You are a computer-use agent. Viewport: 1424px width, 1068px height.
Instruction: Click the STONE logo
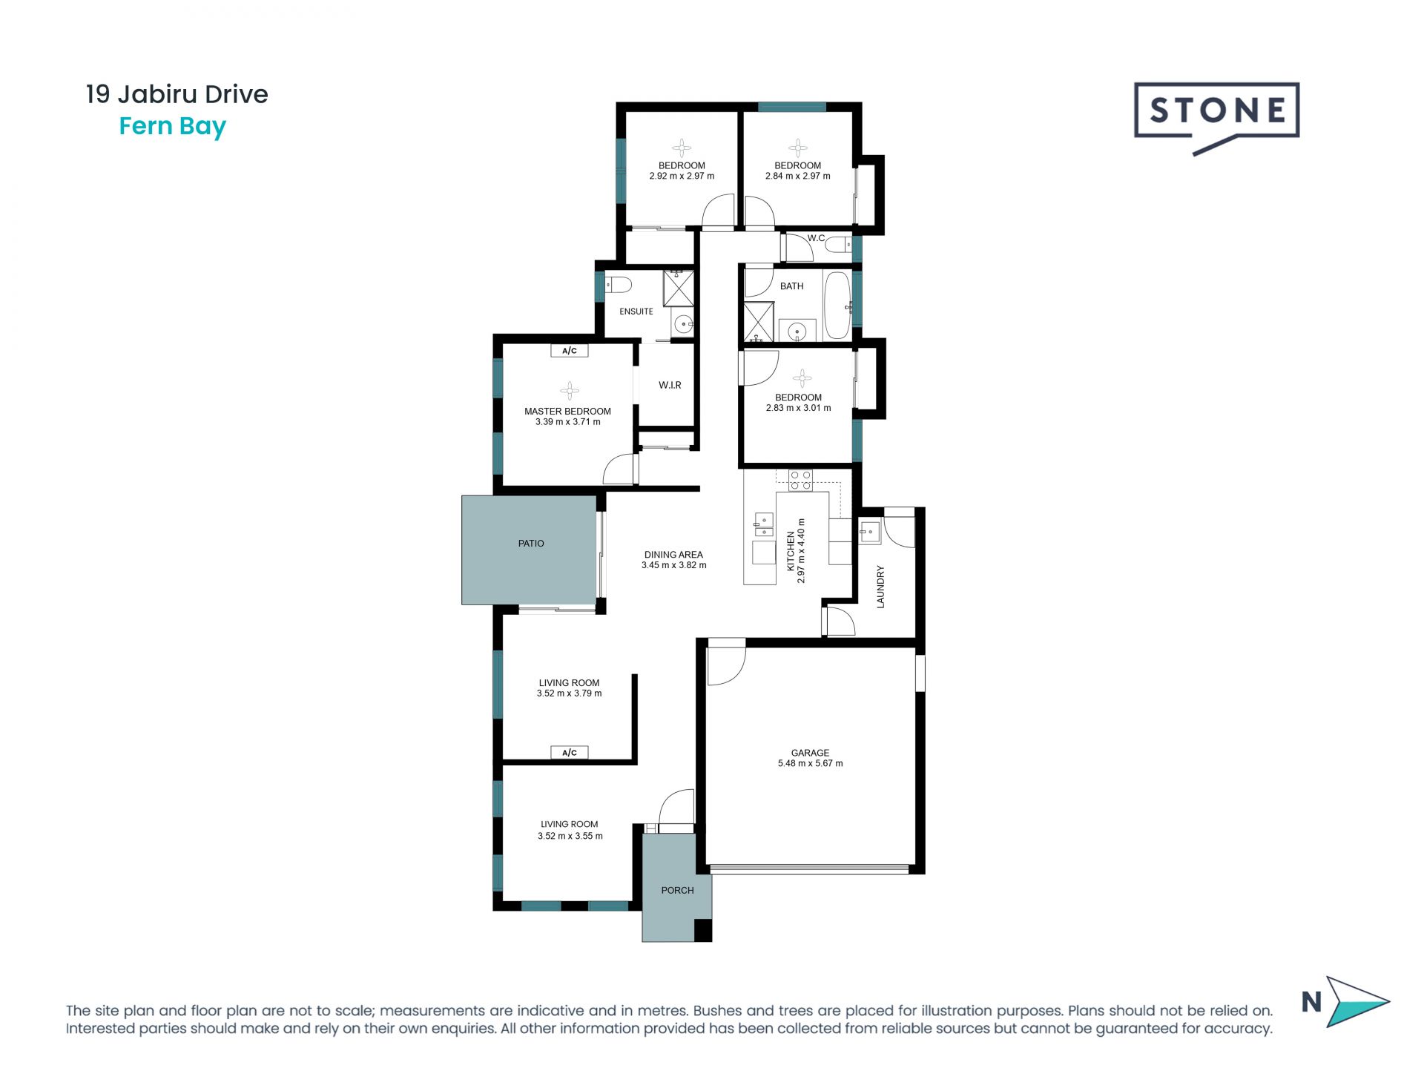[1216, 111]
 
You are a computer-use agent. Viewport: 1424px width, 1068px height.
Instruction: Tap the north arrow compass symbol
[1356, 1001]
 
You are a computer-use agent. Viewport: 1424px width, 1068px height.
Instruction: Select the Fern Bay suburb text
[172, 127]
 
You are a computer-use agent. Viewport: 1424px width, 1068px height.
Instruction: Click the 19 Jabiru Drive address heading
[177, 94]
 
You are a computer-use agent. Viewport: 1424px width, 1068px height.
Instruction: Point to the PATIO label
[531, 544]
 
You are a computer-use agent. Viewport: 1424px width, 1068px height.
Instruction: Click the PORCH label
[677, 890]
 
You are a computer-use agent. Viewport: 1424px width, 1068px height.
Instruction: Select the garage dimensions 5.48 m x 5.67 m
[810, 763]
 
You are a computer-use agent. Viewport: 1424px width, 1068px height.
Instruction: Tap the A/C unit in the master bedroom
[570, 351]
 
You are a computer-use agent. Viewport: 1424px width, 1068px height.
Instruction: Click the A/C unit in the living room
[570, 753]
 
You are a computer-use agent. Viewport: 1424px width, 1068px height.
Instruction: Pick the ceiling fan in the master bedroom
[570, 391]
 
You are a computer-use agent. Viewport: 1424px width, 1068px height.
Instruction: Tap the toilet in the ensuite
[618, 285]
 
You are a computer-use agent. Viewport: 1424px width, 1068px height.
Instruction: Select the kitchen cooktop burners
[800, 480]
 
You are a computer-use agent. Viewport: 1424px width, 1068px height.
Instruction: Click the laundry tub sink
[869, 532]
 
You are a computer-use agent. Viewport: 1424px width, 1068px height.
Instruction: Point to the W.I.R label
[670, 385]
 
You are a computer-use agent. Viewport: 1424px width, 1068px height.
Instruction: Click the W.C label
[816, 238]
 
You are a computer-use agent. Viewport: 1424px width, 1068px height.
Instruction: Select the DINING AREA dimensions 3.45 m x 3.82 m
[673, 565]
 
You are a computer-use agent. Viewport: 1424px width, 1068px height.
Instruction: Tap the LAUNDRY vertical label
[881, 587]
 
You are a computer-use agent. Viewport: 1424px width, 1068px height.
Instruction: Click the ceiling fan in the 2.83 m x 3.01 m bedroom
[802, 379]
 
